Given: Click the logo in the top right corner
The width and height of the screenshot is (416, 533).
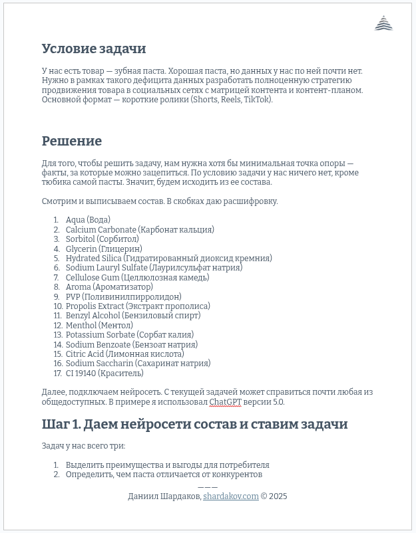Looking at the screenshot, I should coord(383,24).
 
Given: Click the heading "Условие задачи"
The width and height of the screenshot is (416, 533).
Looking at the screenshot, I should coord(94,49).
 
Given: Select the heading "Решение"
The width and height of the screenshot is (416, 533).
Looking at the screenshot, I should coord(72,141).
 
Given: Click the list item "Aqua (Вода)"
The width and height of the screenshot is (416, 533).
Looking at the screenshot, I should coord(88,220).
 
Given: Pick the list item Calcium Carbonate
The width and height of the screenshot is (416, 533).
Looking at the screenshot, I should coord(140,230).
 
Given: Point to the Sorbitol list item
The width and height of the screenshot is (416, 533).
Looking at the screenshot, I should coord(102,239).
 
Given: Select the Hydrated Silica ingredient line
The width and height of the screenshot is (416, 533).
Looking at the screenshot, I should coord(168,259).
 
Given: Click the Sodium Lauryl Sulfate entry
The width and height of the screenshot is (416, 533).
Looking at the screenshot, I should coord(154,268).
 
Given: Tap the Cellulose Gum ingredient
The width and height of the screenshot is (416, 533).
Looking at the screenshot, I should coord(137,278).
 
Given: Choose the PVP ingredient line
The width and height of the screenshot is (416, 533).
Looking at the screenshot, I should coord(123,297).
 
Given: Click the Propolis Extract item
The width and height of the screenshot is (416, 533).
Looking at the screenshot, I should coord(138,306).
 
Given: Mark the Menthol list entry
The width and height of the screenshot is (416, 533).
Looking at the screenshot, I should coord(99,326).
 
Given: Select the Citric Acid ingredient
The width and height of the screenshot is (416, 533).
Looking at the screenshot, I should coord(124,354).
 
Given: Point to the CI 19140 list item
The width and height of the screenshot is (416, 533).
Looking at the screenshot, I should coord(104,373).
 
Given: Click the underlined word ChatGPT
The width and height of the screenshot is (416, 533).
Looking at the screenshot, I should coord(225,402).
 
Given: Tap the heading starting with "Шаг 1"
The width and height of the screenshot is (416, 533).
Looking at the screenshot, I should coord(194,425).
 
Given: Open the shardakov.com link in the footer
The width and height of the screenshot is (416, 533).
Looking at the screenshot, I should coord(230,496).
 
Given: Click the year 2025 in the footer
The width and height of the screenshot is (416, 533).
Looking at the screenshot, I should coord(278,496).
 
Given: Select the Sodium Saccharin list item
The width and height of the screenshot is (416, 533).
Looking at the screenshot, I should coord(138,364).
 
